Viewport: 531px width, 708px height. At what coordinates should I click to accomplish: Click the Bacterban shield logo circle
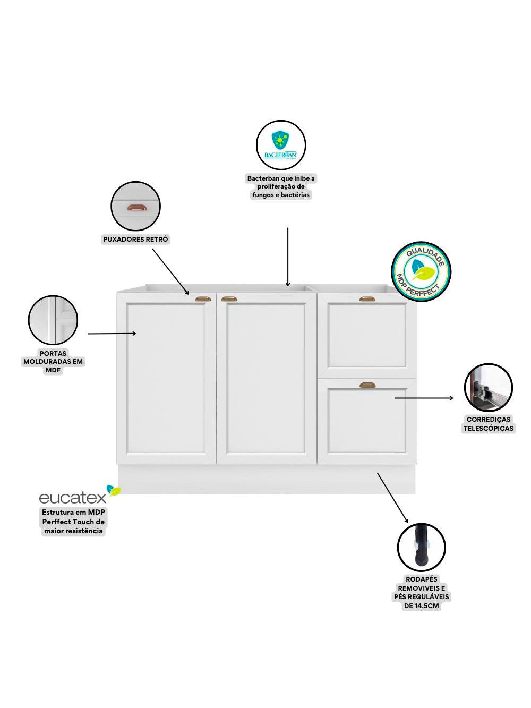point(281,145)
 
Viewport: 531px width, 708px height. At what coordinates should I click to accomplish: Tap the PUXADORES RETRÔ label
point(135,240)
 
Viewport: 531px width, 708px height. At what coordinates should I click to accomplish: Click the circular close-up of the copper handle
point(135,207)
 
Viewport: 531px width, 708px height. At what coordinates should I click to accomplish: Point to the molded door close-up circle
point(53,320)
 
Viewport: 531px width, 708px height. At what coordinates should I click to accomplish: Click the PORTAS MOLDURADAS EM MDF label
point(53,362)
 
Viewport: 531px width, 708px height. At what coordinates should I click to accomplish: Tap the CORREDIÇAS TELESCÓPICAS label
point(489,424)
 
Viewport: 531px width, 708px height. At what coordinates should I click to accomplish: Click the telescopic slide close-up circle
point(489,388)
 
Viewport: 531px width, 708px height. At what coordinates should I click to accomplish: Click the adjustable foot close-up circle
point(421,548)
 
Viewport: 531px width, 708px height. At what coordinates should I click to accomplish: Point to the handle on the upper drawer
point(367,300)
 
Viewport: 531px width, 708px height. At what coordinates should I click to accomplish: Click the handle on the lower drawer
point(367,385)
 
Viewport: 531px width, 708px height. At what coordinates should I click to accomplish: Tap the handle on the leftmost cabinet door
point(203,300)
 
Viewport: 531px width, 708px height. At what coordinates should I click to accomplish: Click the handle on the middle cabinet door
point(230,300)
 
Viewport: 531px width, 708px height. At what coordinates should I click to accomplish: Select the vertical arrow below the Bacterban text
point(288,257)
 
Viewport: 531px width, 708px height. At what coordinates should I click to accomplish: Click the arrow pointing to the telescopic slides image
point(424,397)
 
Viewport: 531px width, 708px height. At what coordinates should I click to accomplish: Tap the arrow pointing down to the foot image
point(392,497)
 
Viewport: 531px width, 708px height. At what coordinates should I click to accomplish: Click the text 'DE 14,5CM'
point(422,605)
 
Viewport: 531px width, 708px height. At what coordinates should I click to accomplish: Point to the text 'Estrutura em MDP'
point(74,513)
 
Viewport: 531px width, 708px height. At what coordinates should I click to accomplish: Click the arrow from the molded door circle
point(112,334)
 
